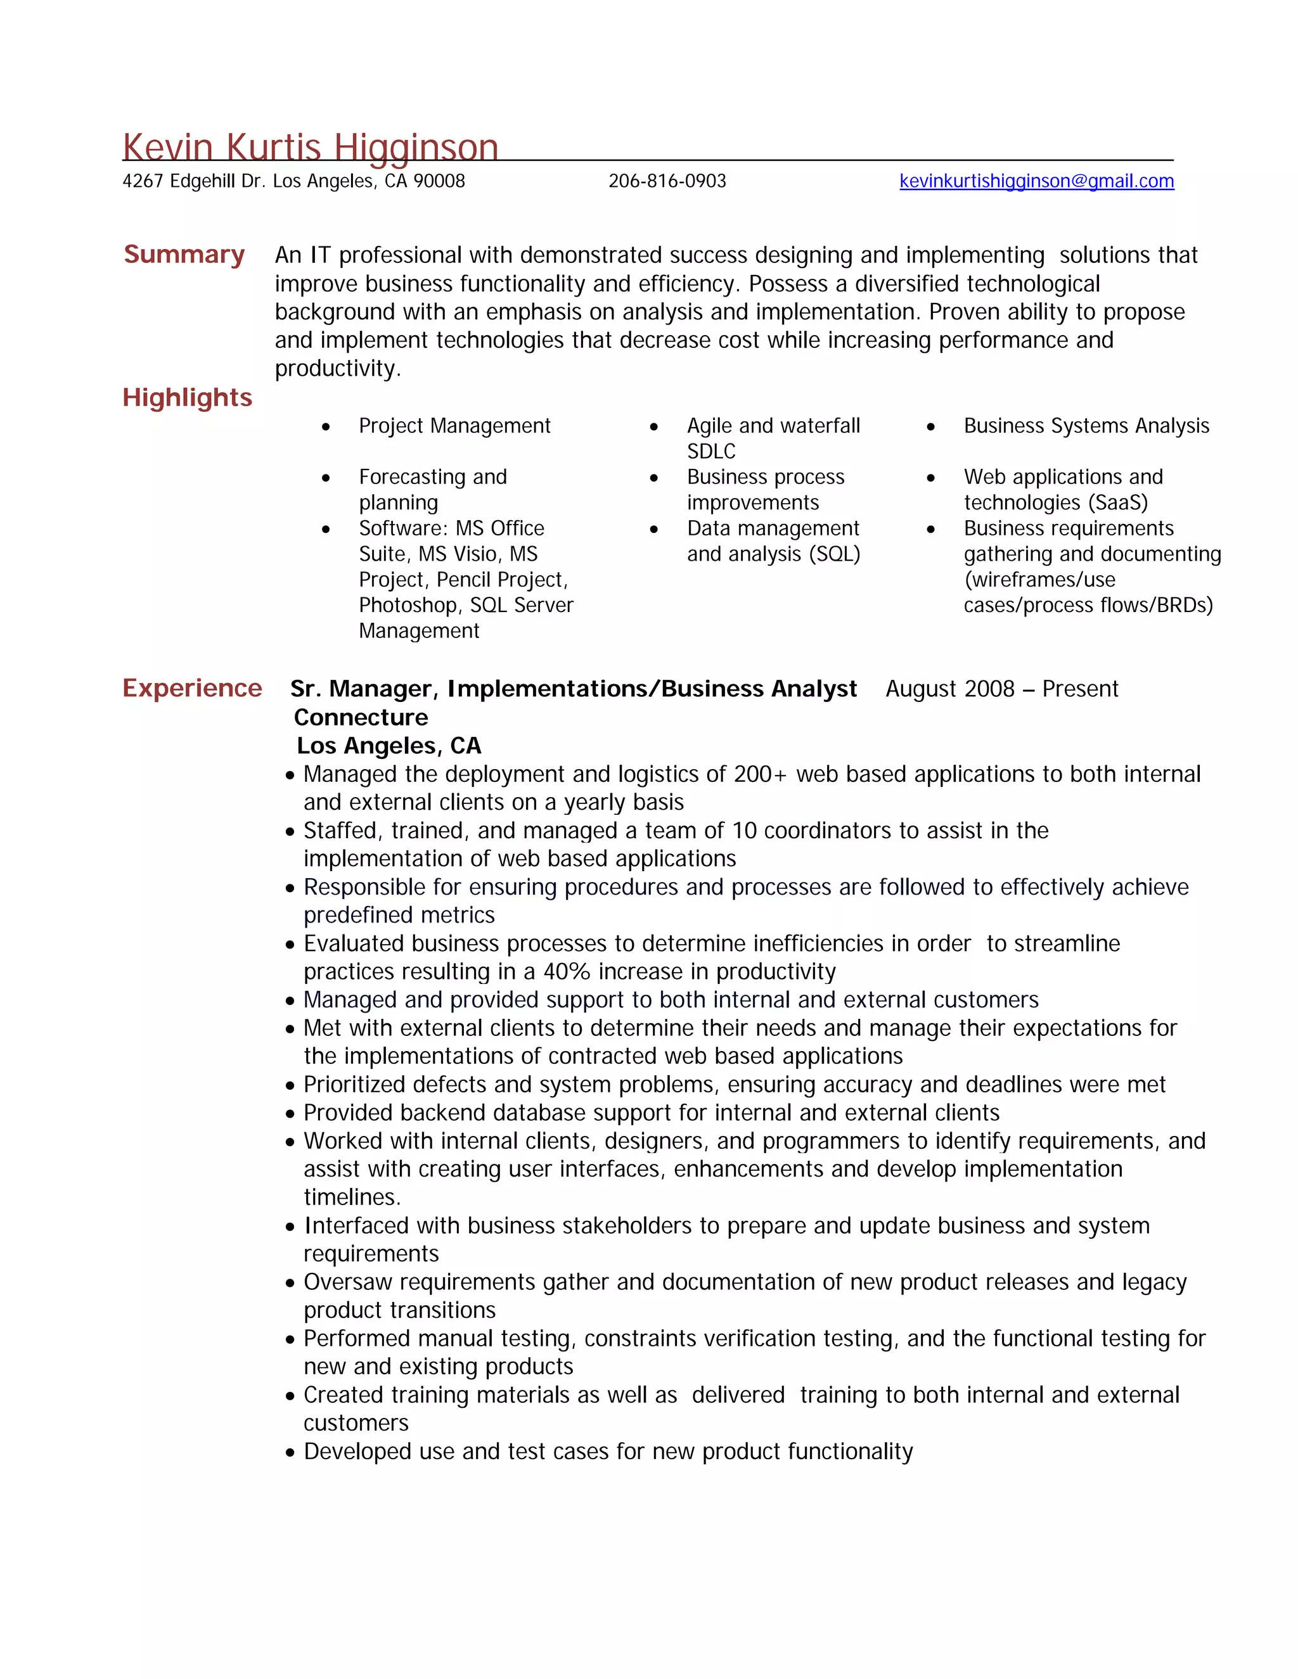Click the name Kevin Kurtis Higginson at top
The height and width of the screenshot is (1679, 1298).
pos(310,147)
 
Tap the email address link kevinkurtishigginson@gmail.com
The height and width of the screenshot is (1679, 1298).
pos(1036,181)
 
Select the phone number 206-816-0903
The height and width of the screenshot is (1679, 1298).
pos(667,181)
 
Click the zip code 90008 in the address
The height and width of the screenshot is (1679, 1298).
pos(439,181)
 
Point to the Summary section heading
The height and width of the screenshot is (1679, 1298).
pos(184,255)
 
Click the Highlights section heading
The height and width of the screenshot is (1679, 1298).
pos(187,397)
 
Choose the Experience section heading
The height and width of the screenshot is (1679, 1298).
pos(191,688)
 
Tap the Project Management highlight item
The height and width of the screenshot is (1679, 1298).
pos(454,426)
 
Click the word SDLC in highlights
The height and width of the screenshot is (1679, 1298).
pos(710,451)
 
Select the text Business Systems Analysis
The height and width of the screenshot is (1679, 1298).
pos(1086,426)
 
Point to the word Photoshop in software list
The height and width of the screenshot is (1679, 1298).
pos(408,606)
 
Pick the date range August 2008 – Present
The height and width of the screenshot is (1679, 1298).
pos(1001,689)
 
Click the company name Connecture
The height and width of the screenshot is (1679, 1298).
pos(361,717)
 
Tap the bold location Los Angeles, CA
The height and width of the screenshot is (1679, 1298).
pos(389,746)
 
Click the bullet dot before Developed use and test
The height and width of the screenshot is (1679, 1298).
pos(290,1453)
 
